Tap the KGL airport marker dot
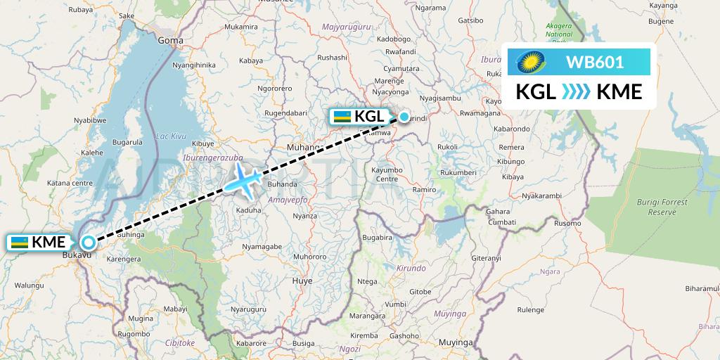pos(404,117)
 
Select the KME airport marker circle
pos(88,243)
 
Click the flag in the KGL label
pos(342,117)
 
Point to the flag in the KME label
pos(20,243)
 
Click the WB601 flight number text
pos(595,62)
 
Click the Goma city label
pos(170,40)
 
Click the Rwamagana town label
pos(480,112)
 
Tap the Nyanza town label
pos(304,217)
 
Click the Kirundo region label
pos(411,268)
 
